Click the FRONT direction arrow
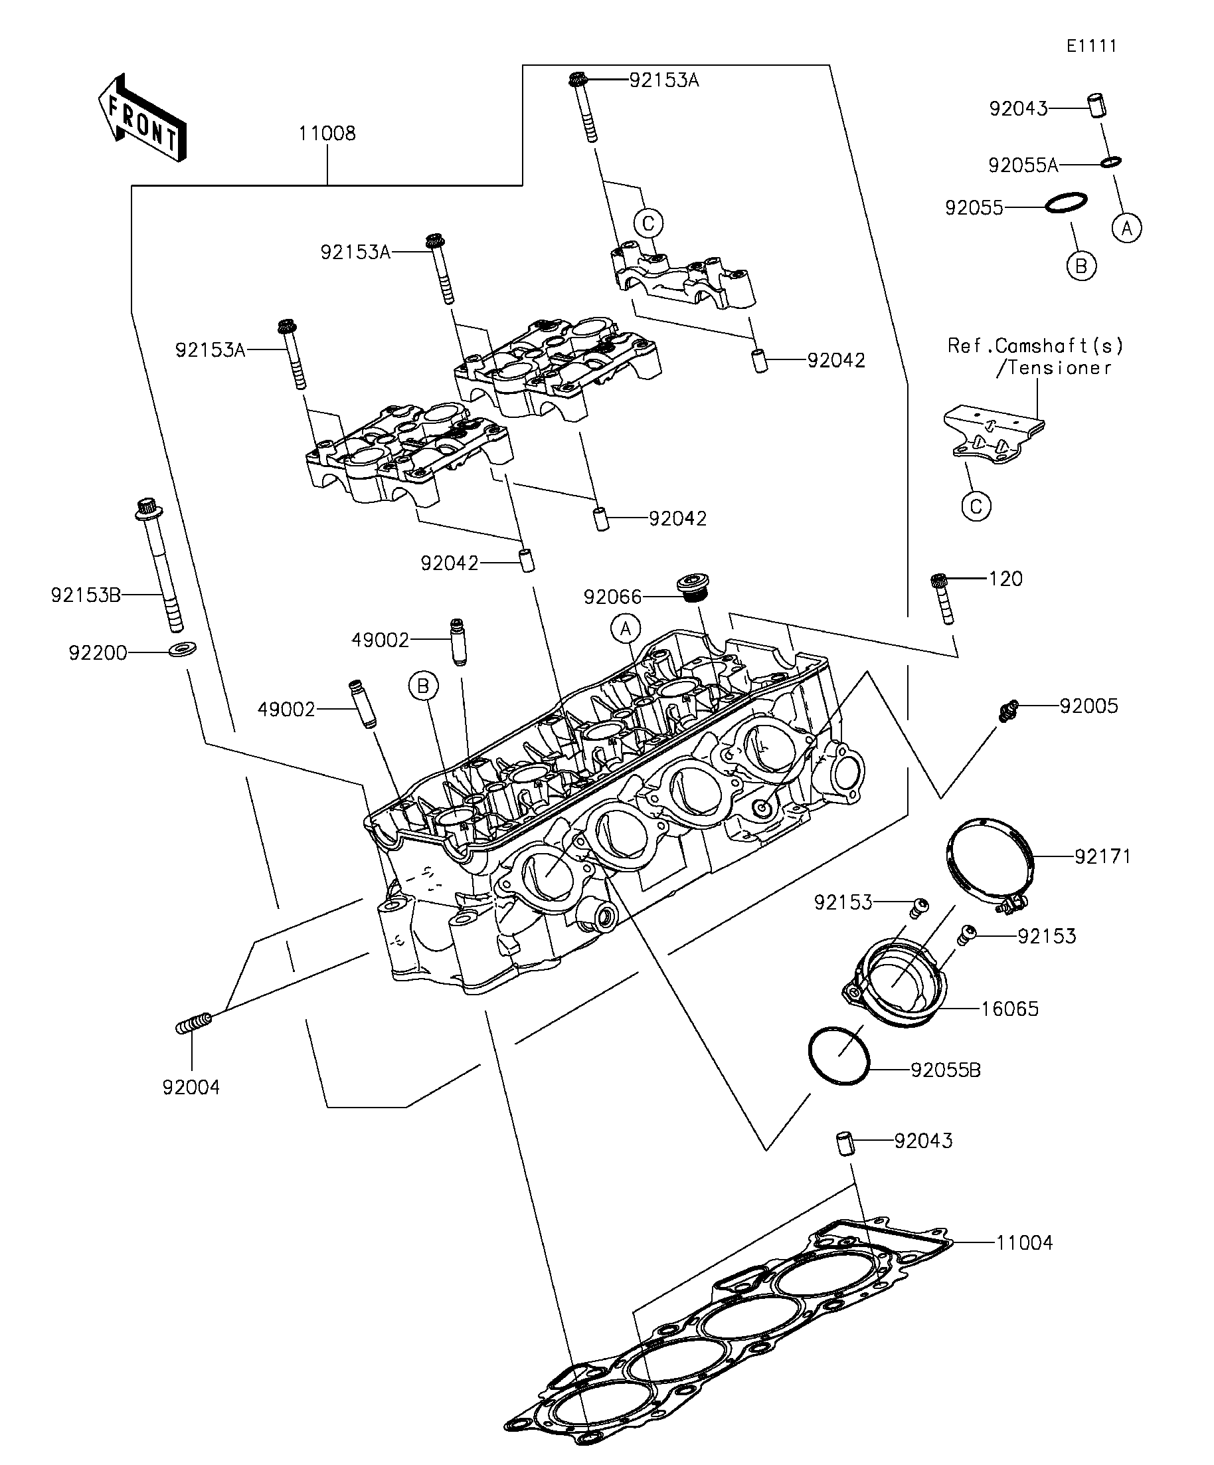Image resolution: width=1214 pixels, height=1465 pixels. (142, 118)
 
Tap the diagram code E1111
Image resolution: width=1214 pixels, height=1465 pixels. (1092, 46)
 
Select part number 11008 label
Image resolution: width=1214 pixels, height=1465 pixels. (327, 134)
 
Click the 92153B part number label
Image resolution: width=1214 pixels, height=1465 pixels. (86, 595)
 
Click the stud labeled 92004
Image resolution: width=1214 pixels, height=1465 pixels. (193, 1025)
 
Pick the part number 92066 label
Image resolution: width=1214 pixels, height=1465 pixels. (612, 597)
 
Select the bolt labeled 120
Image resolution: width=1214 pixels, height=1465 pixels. (943, 599)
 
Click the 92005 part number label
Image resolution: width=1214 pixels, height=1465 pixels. (1088, 706)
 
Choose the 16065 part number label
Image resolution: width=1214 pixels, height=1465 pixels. (1009, 1009)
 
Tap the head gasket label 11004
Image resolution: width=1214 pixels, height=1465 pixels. (1023, 1242)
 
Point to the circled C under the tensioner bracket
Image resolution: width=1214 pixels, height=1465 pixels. (976, 506)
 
